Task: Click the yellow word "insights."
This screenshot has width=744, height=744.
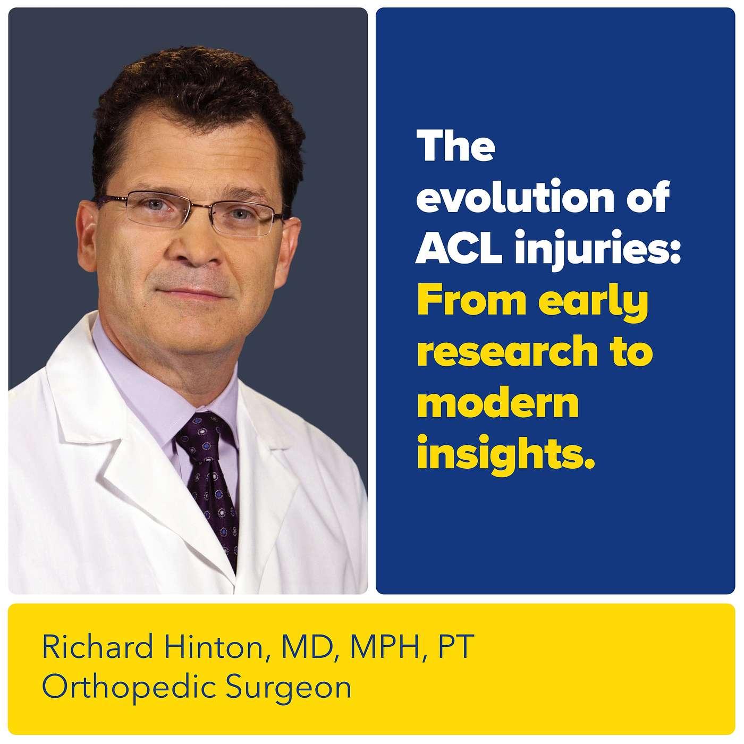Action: (x=505, y=456)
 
